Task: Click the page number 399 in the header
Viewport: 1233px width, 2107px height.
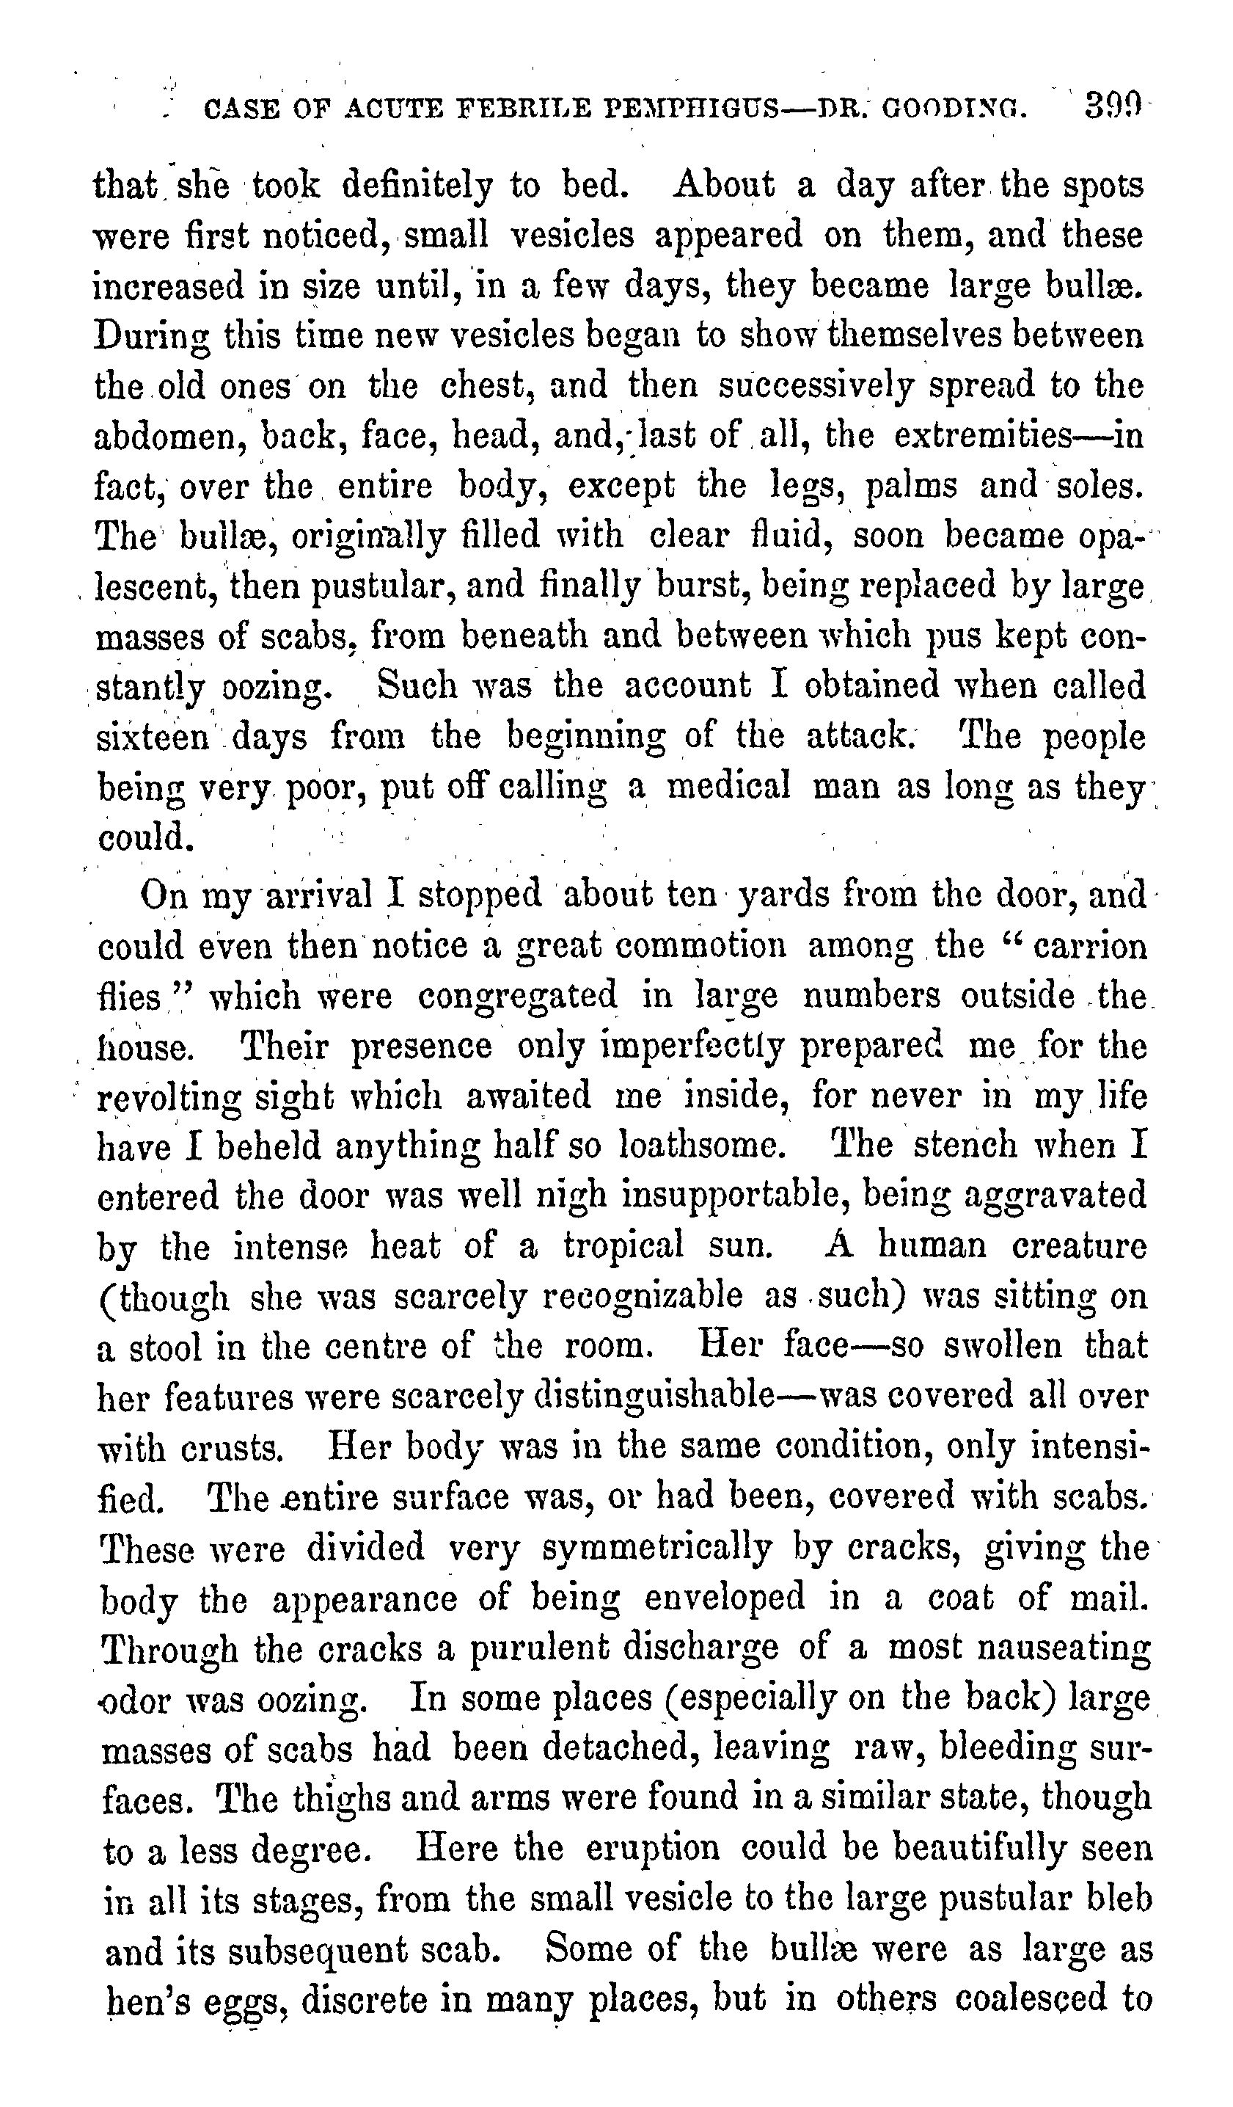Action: tap(1110, 107)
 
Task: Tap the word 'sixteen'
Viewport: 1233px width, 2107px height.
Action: tap(154, 738)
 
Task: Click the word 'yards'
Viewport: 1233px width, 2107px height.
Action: tap(785, 895)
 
